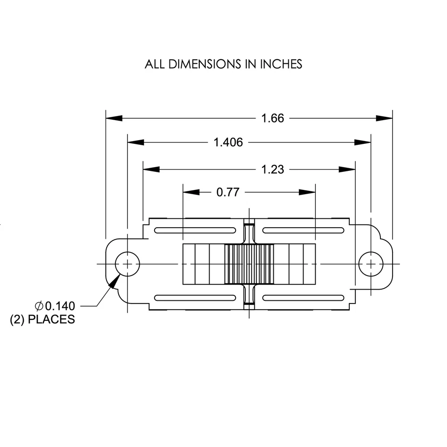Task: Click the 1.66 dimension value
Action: click(272, 118)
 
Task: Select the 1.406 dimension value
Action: click(228, 142)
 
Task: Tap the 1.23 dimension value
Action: click(272, 169)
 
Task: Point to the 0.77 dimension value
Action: click(228, 192)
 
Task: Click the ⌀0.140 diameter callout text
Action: click(54, 306)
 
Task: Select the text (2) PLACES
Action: click(42, 319)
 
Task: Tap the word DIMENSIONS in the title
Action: click(205, 64)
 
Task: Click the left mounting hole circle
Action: click(127, 264)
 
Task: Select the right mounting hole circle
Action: click(371, 264)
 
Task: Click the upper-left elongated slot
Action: click(195, 230)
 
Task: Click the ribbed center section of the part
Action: click(249, 264)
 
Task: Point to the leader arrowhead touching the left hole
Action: click(114, 280)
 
